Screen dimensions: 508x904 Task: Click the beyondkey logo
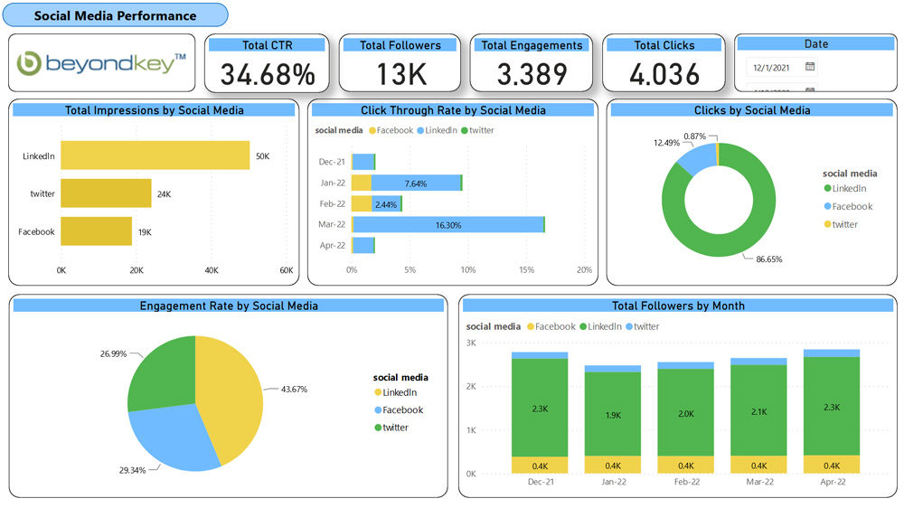pyautogui.click(x=101, y=63)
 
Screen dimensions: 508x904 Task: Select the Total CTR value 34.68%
pyautogui.click(x=268, y=74)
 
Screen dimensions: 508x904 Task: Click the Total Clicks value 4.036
pyautogui.click(x=664, y=74)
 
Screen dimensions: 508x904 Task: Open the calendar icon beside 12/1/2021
pyautogui.click(x=810, y=67)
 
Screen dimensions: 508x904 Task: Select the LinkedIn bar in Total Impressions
pyautogui.click(x=155, y=155)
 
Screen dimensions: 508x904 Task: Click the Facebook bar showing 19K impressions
pyautogui.click(x=96, y=231)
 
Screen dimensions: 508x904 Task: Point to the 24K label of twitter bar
pyautogui.click(x=164, y=193)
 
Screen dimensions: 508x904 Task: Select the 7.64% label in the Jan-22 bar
pyautogui.click(x=416, y=183)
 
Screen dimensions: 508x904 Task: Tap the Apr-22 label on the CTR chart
pyautogui.click(x=332, y=245)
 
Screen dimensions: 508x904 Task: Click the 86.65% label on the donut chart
pyautogui.click(x=768, y=259)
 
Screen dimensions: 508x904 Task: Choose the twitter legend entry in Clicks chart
pyautogui.click(x=844, y=224)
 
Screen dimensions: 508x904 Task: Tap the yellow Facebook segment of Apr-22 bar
pyautogui.click(x=831, y=465)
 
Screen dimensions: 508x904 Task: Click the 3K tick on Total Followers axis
pyautogui.click(x=471, y=343)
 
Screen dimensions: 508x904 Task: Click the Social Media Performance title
pyautogui.click(x=115, y=15)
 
